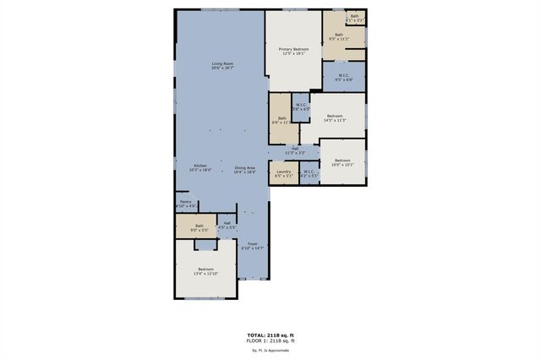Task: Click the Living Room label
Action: coord(222,66)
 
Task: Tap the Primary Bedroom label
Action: coord(294,52)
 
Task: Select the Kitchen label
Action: coord(200,167)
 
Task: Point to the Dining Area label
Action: coord(245,169)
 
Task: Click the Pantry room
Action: coord(185,204)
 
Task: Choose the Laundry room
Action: coord(283,173)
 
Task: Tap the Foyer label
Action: coord(253,246)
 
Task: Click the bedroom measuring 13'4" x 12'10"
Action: coord(206,271)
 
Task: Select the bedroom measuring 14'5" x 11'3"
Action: coord(336,117)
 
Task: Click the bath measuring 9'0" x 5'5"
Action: coord(199,227)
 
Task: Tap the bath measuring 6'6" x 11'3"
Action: coord(280,120)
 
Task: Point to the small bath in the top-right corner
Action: coord(355,17)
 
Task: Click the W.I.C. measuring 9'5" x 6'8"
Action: coord(344,78)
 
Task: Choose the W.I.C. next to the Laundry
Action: coord(308,173)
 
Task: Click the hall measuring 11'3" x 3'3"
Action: coord(295,150)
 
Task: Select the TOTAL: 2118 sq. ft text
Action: coord(270,335)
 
